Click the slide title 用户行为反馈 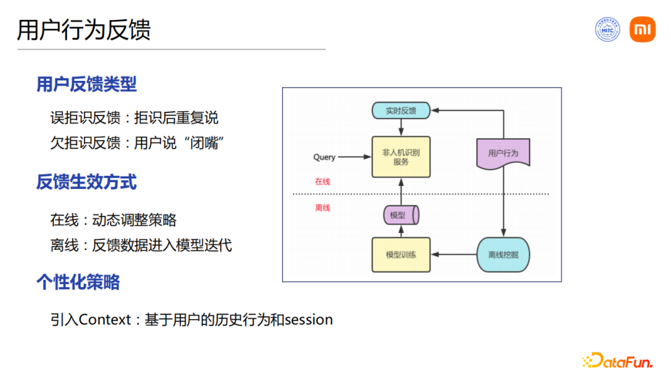(x=84, y=30)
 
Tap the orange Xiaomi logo (x=642, y=30)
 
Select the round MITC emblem (x=607, y=30)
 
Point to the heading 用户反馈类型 (x=86, y=84)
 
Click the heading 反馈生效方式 (x=86, y=182)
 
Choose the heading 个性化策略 (x=78, y=282)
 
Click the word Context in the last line (x=105, y=320)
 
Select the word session (x=309, y=320)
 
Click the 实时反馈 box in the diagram (x=401, y=111)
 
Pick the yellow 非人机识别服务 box (x=401, y=157)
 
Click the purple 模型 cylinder (x=400, y=216)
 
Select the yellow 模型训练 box (x=401, y=254)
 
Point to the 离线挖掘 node (x=503, y=254)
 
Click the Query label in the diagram (x=324, y=157)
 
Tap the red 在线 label (x=322, y=182)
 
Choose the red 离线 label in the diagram (x=322, y=208)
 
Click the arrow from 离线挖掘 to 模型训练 (x=454, y=254)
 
